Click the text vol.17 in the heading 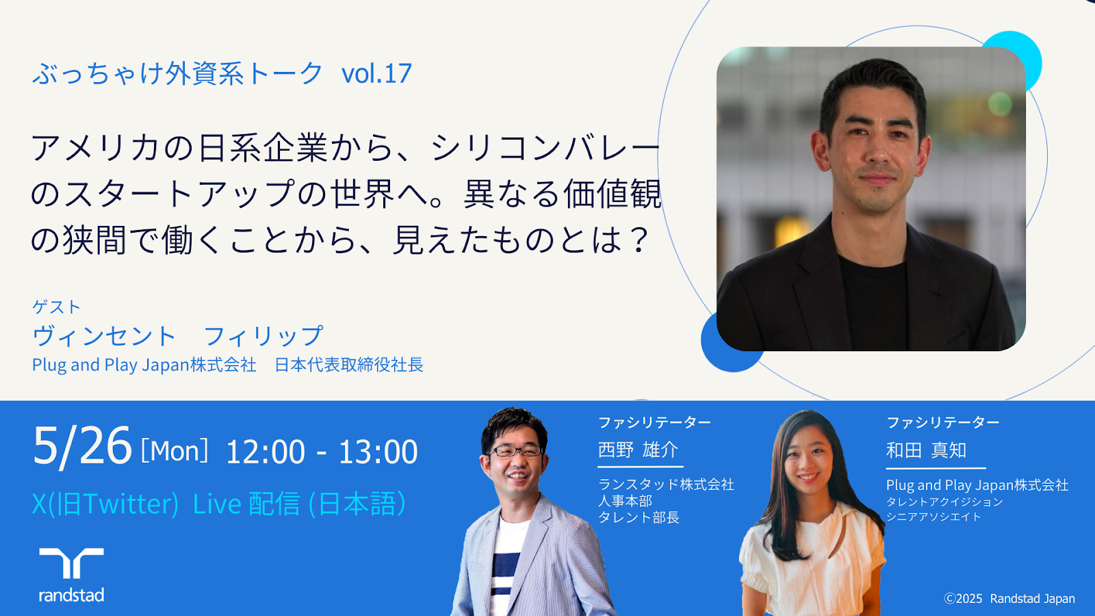tap(376, 73)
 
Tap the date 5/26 tap(82, 446)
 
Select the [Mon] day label tap(175, 451)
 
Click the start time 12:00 tap(266, 452)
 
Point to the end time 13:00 tap(378, 452)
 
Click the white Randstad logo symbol tap(71, 563)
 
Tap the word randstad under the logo tap(71, 595)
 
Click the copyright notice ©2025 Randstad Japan tap(1009, 598)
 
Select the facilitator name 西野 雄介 tap(638, 449)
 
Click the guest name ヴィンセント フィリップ tap(177, 336)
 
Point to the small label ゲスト tap(56, 307)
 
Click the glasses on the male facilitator tap(516, 451)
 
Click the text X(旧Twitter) tap(105, 504)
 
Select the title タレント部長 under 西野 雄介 tap(639, 517)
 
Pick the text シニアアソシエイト tap(933, 517)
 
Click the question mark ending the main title tap(639, 240)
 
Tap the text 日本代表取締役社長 tap(349, 365)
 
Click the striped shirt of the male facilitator tap(506, 567)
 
